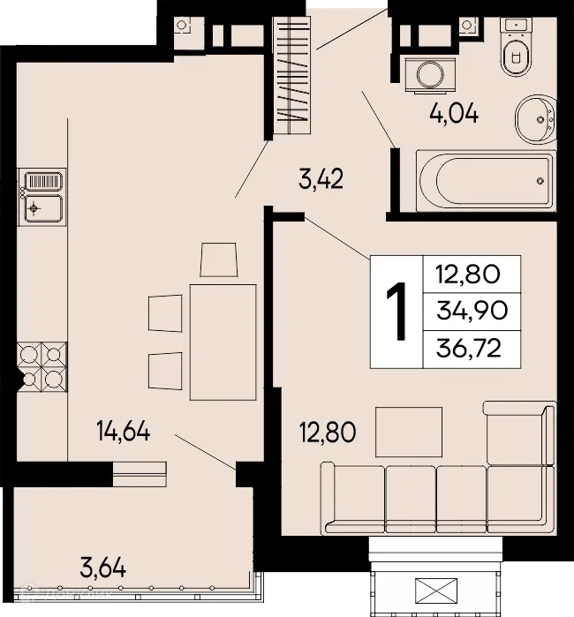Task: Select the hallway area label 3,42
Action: (321, 181)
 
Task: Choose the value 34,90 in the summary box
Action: (468, 312)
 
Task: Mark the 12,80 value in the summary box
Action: (468, 274)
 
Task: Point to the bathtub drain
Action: (540, 180)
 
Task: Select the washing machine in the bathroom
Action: (428, 72)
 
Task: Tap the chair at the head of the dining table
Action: (218, 259)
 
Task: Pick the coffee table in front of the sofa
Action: (409, 431)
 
